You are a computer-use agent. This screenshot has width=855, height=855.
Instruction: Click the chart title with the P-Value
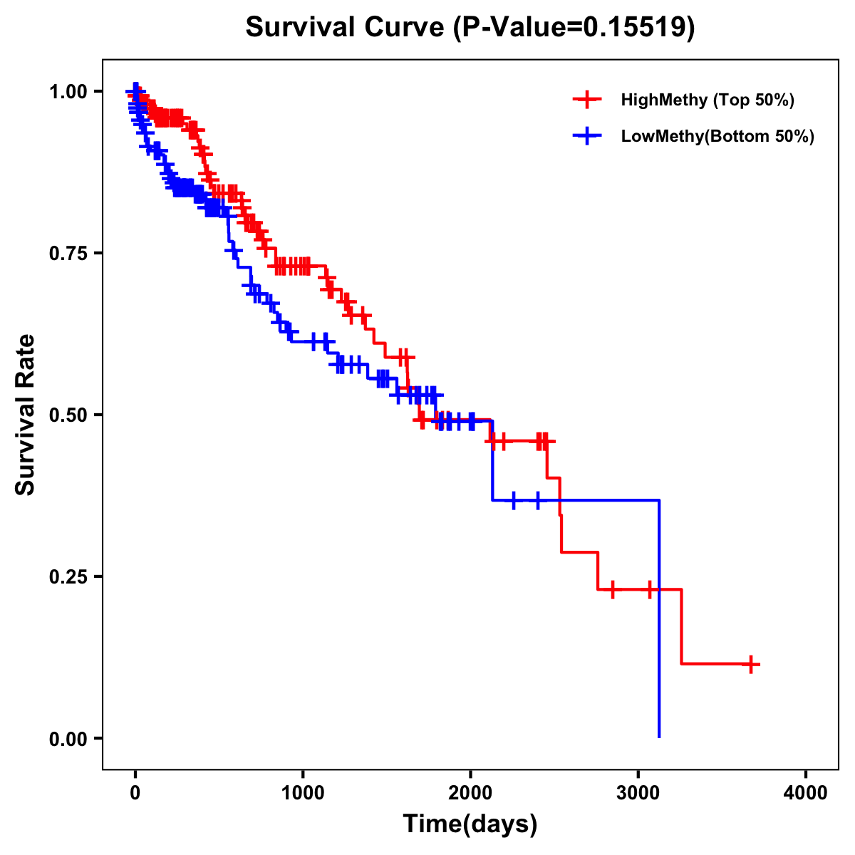[x=470, y=27]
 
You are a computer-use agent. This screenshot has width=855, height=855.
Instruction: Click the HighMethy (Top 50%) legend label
[x=707, y=100]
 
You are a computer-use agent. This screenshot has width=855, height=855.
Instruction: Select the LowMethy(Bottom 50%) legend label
[x=717, y=136]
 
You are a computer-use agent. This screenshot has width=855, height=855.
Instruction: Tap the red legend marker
[x=587, y=100]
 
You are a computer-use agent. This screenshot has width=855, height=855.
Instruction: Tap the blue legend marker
[x=587, y=136]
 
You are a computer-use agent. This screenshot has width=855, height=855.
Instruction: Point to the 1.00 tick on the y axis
[x=68, y=91]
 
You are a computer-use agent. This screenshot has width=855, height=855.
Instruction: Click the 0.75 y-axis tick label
[x=68, y=253]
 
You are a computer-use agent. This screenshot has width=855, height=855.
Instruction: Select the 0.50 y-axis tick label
[x=68, y=415]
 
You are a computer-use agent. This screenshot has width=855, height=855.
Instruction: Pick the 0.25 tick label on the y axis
[x=68, y=576]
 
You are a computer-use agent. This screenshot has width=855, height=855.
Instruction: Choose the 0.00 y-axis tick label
[x=68, y=738]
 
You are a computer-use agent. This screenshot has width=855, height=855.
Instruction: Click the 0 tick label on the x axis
[x=135, y=793]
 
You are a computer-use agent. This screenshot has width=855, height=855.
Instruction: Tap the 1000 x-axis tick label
[x=303, y=793]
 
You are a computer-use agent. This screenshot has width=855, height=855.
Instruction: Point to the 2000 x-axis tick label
[x=470, y=793]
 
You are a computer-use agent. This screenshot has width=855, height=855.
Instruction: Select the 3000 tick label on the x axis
[x=638, y=793]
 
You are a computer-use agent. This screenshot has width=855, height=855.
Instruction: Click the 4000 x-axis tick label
[x=806, y=793]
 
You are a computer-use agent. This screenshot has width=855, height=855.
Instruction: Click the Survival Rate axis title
[x=26, y=415]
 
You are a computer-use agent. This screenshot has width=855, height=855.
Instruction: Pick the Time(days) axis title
[x=470, y=824]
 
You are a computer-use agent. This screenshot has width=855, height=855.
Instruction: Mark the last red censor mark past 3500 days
[x=750, y=664]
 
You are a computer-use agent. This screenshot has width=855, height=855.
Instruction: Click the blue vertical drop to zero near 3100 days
[x=659, y=620]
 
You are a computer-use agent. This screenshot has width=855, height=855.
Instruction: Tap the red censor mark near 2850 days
[x=612, y=590]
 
